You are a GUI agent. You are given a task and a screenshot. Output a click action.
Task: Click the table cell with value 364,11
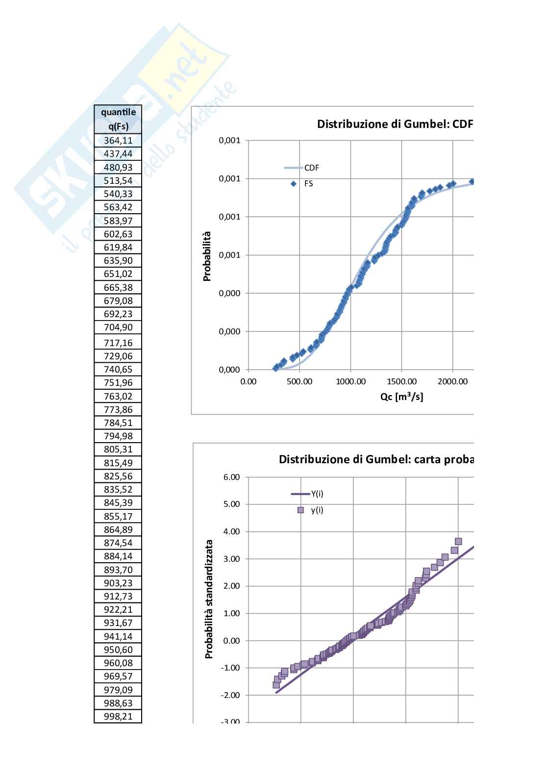pos(118,141)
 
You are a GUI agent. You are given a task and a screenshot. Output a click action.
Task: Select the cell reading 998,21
pos(118,717)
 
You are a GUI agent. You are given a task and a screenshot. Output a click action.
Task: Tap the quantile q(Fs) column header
pos(118,119)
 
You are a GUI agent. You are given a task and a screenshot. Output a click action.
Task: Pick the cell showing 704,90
pos(118,327)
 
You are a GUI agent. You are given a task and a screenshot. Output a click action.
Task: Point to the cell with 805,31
pos(118,449)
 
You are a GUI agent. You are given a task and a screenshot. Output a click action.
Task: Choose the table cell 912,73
pos(118,597)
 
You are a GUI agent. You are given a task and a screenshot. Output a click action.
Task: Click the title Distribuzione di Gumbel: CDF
pos(395,124)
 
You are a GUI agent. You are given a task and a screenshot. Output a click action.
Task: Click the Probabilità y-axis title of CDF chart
pos(207,256)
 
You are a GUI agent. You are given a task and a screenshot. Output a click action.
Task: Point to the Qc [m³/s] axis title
pos(401,397)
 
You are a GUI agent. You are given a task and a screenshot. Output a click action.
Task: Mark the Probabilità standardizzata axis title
pos(209,599)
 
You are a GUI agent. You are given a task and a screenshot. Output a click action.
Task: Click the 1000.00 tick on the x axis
pos(350,382)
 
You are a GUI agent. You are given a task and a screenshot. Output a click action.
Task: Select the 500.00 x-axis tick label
pos(299,382)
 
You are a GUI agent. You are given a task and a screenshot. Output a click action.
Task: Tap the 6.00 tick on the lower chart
pos(231,477)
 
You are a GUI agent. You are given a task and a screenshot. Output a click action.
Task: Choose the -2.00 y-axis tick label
pos(230,696)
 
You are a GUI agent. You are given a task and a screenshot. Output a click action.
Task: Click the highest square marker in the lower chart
pos(458,542)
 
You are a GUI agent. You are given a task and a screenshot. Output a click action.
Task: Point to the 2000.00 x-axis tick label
pos(452,382)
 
